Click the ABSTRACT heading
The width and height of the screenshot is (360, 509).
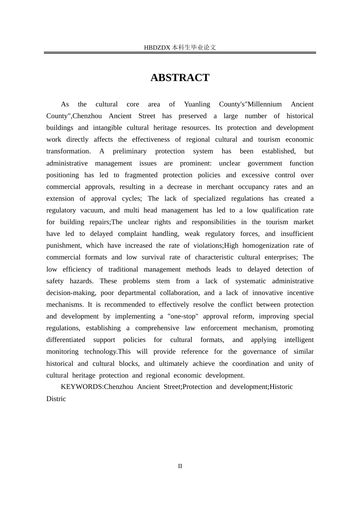tap(180, 78)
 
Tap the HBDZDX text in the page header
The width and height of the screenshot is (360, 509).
tap(157, 48)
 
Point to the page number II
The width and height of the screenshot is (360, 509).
tap(180, 466)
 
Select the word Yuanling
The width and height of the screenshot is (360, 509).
tap(197, 104)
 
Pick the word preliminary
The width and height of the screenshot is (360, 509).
tap(130, 151)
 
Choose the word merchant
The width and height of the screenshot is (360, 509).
tap(220, 187)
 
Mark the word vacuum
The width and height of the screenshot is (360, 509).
tap(92, 210)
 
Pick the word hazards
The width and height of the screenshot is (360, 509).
tap(81, 281)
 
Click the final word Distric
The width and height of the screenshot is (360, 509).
tap(56, 399)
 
